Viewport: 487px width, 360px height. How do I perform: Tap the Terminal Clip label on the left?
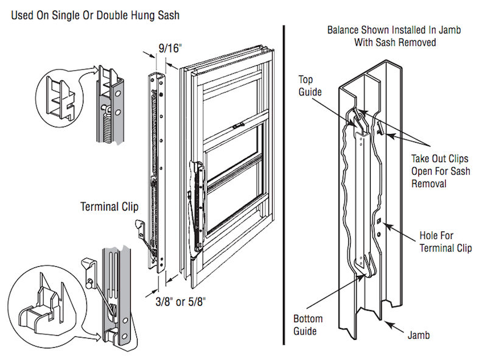110,206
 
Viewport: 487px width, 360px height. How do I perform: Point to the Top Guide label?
309,86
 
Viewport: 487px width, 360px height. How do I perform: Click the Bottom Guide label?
308,325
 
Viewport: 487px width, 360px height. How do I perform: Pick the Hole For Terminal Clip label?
445,242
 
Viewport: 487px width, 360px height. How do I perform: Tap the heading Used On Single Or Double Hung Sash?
96,14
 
